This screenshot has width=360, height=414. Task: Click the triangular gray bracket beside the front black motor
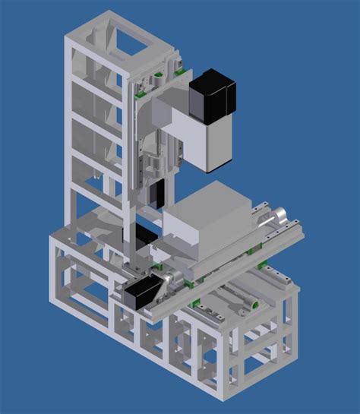click(169, 286)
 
